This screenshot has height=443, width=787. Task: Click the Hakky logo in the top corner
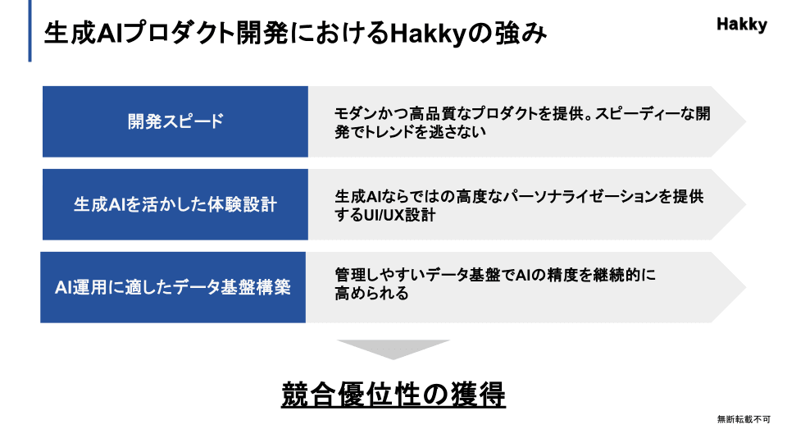742,25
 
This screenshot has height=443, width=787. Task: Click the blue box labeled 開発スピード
175,121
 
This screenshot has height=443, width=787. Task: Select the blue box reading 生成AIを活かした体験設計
175,204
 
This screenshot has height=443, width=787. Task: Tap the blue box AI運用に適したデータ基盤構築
173,287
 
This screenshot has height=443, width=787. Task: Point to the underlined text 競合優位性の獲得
393,395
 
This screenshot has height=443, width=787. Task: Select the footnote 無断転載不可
744,419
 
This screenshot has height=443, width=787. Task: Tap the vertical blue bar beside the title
30,30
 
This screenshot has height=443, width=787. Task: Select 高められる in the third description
372,293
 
